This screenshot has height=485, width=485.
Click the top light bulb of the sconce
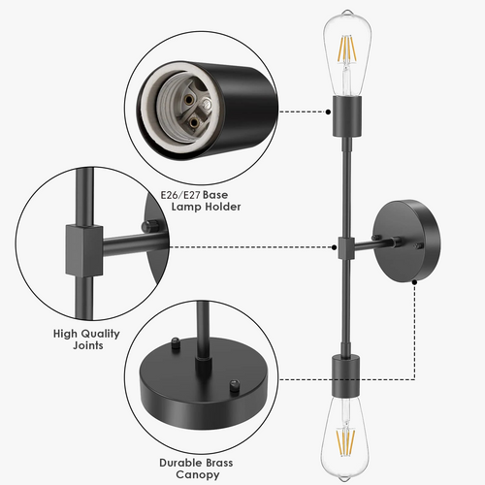tap(347, 53)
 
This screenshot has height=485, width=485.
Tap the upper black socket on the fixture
tap(347, 116)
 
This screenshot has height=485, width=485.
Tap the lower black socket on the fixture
tap(346, 376)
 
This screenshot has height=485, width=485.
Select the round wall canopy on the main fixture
tap(406, 241)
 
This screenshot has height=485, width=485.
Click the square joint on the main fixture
tap(346, 248)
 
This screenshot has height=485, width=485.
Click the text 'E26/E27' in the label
tap(180, 195)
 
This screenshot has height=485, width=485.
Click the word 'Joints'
tap(88, 345)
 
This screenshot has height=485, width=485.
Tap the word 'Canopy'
tap(197, 475)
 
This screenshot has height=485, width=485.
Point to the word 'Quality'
tap(100, 334)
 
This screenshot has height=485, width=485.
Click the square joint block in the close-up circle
tap(84, 250)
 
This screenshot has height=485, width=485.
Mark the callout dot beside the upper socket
tap(328, 112)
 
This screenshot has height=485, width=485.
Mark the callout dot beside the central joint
tap(334, 247)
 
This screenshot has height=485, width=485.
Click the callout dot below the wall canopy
tap(415, 282)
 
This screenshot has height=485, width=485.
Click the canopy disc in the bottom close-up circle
tap(205, 382)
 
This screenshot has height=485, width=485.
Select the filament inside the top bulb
tap(347, 51)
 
